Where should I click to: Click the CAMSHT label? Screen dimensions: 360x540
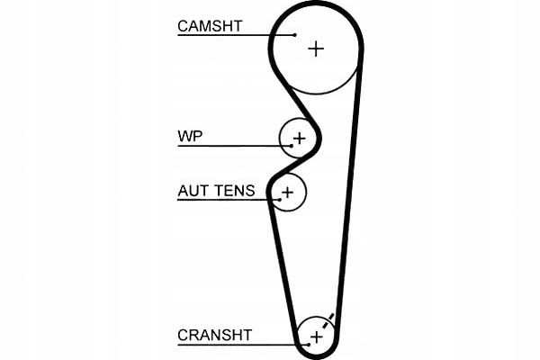[210, 26]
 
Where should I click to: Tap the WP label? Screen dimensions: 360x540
[190, 137]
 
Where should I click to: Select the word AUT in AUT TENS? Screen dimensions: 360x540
[193, 191]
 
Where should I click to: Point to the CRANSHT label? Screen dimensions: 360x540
[215, 336]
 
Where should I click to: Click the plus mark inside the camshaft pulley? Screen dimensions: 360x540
[315, 48]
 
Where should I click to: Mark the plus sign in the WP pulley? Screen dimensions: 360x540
[300, 139]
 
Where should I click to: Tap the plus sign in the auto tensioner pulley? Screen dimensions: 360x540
[288, 191]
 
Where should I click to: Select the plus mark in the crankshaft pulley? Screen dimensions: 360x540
[316, 337]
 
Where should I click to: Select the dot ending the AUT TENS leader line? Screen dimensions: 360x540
[280, 200]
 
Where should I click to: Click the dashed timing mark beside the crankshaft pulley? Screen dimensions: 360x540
[329, 319]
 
